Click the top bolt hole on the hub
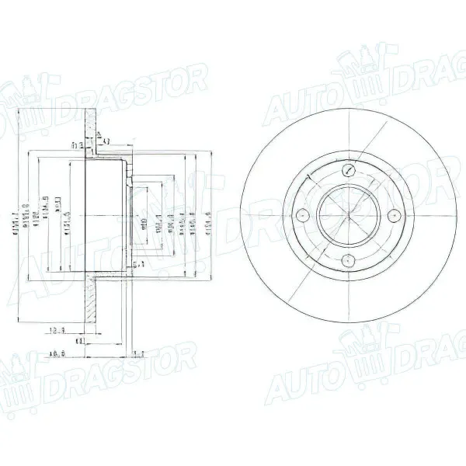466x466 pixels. click(349, 170)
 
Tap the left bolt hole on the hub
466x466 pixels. click(304, 214)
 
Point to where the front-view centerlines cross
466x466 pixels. click(349, 214)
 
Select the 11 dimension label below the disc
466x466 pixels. click(80, 339)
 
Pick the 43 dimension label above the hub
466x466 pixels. click(106, 141)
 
